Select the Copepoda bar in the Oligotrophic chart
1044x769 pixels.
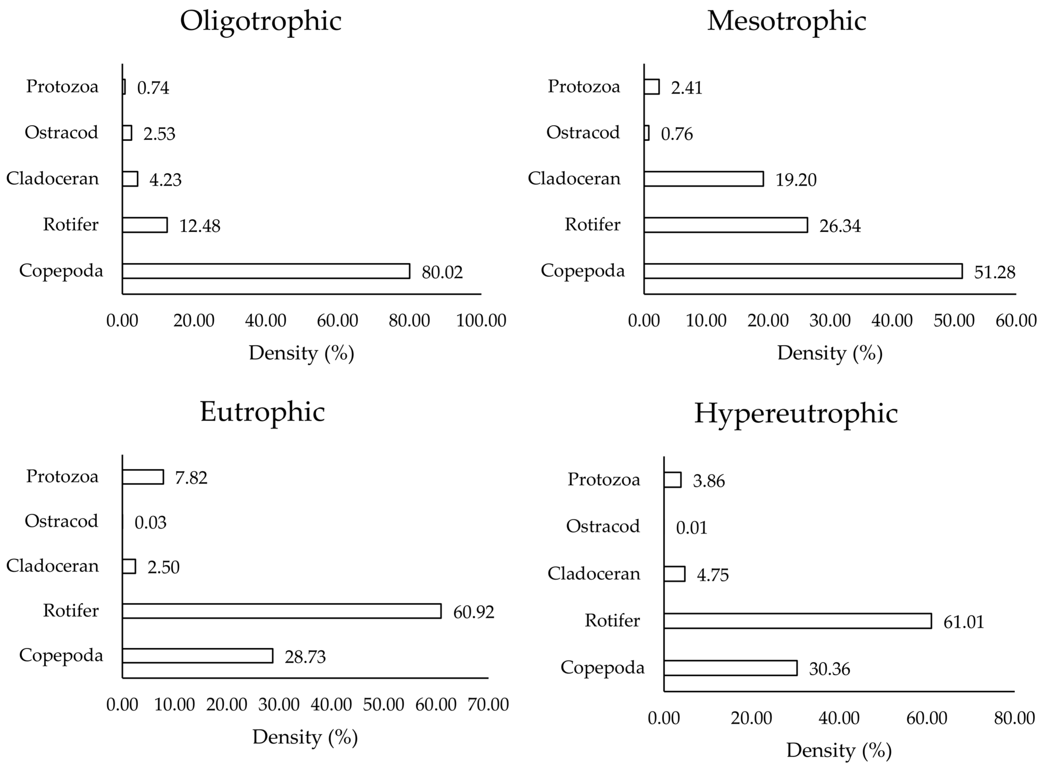pyautogui.click(x=266, y=271)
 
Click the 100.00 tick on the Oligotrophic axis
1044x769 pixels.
pyautogui.click(x=481, y=321)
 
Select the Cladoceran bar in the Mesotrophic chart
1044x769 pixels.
pyautogui.click(x=703, y=179)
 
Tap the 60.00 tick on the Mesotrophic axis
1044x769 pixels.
pyautogui.click(x=1016, y=321)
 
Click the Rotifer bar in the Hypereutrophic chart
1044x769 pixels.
pyautogui.click(x=797, y=621)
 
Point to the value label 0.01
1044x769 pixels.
pyautogui.click(x=691, y=528)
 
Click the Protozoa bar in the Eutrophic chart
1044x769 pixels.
pyautogui.click(x=143, y=477)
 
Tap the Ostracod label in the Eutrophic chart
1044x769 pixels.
pyautogui.click(x=61, y=521)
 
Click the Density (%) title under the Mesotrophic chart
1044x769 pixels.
pyautogui.click(x=830, y=353)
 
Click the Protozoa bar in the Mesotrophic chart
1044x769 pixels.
pyautogui.click(x=652, y=87)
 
